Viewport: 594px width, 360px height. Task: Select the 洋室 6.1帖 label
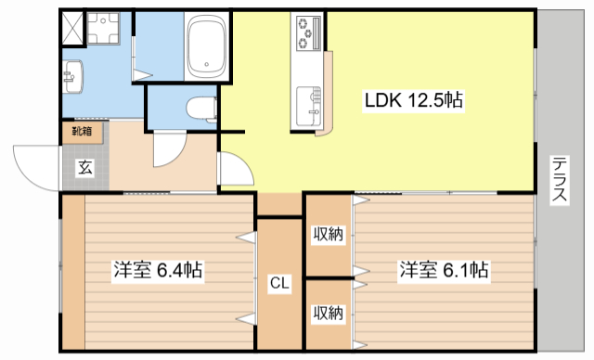pos(445,271)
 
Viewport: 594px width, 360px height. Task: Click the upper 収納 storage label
pos(328,234)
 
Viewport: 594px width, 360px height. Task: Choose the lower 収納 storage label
pos(328,313)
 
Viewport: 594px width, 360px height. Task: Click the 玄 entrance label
pos(84,167)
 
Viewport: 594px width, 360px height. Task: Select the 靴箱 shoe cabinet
pos(82,131)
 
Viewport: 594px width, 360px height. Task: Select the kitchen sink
pos(308,99)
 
